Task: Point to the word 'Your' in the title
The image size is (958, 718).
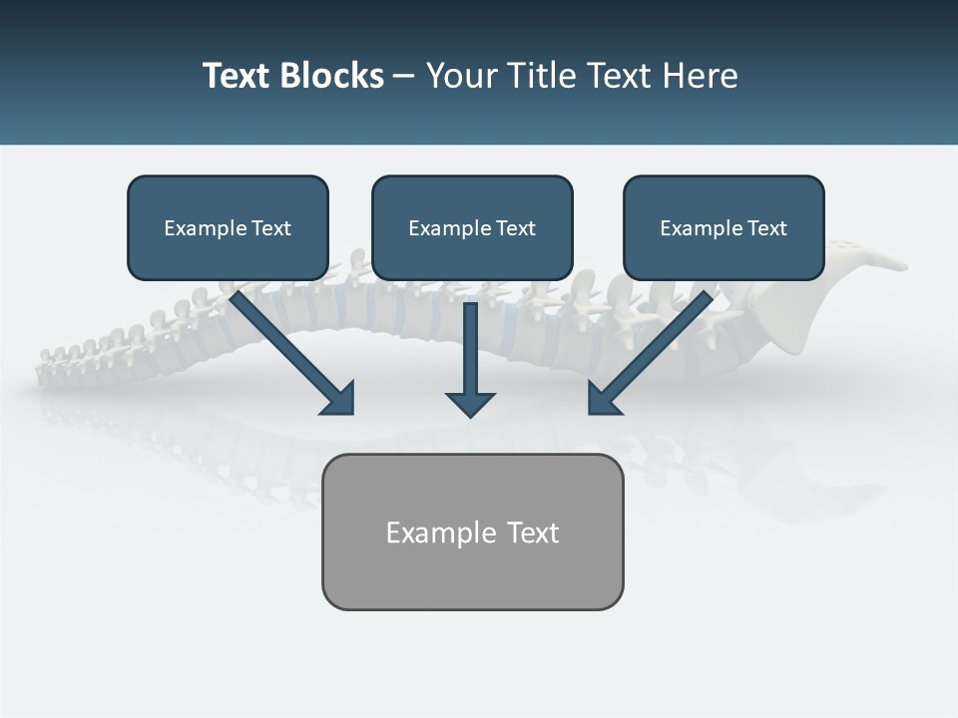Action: pos(459,76)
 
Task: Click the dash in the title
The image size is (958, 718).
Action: pos(404,77)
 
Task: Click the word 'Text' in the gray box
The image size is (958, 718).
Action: pos(533,533)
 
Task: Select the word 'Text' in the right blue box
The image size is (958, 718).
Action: pos(767,228)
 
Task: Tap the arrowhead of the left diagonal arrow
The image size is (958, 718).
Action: pos(339,399)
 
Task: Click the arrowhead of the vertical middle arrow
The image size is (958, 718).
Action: pos(470,404)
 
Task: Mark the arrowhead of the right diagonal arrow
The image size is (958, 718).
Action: pos(603,399)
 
